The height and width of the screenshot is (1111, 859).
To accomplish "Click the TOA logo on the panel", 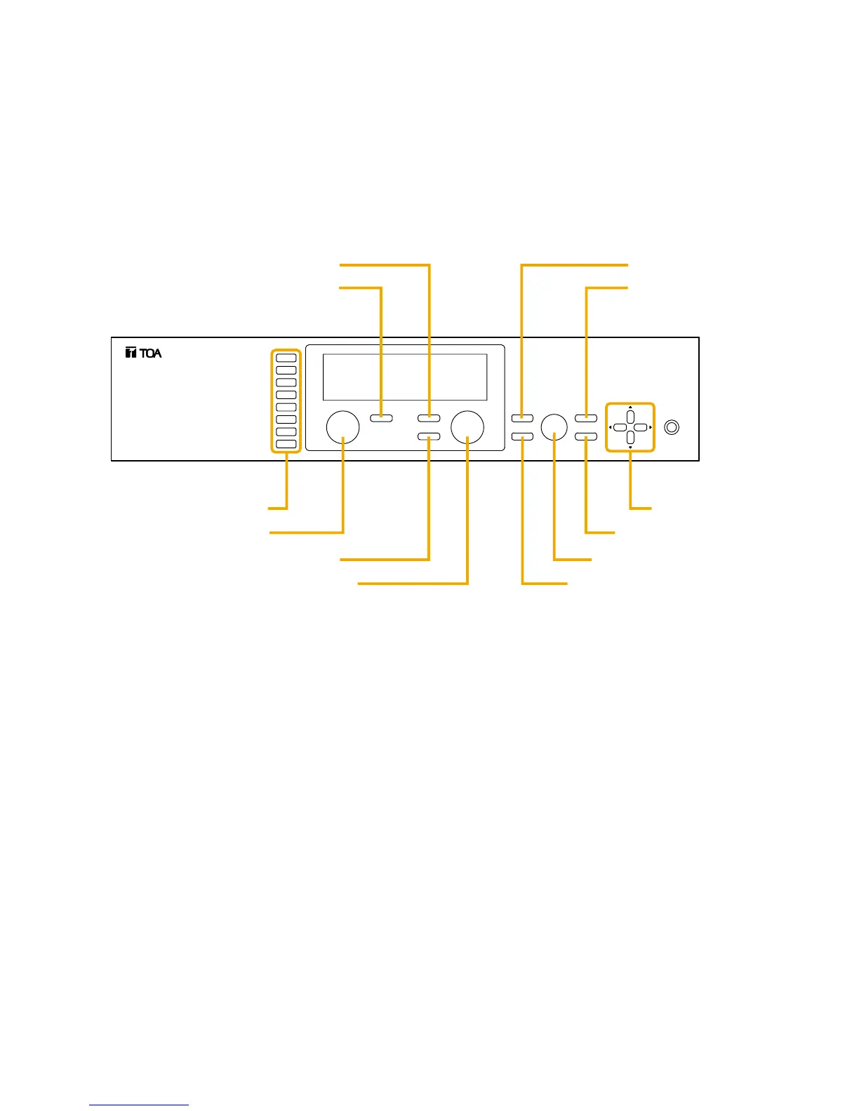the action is pos(143,353).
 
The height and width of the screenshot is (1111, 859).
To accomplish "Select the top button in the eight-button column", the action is pos(286,358).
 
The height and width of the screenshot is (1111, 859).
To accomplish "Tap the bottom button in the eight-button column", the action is pos(286,445).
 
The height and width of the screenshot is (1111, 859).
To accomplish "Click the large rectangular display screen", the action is pos(404,377).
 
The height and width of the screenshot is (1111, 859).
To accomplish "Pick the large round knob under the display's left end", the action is pos(343,426).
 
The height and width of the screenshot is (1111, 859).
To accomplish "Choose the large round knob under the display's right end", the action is pos(467,426).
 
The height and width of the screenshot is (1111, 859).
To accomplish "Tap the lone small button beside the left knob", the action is pos(382,419).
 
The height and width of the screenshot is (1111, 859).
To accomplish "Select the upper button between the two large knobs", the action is pos(429,419).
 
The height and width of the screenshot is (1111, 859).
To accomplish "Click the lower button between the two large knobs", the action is pos(429,437).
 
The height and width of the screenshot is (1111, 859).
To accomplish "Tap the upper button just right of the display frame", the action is pos(522,419).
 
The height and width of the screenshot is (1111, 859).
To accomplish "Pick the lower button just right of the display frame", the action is pos(522,437).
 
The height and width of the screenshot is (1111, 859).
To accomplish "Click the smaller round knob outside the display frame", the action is pos(554,426).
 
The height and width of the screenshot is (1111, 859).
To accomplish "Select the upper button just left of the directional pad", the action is pos(585,419).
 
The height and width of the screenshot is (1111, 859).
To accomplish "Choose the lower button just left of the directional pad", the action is pos(585,437).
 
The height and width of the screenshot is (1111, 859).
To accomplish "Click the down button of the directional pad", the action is pos(630,437).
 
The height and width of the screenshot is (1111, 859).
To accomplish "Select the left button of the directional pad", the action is pos(620,427).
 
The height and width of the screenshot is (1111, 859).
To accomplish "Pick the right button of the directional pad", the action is pos(641,427).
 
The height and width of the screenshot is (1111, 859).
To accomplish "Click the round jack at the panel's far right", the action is pos(672,426).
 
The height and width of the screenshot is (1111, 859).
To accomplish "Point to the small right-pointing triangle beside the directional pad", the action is pos(651,427).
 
